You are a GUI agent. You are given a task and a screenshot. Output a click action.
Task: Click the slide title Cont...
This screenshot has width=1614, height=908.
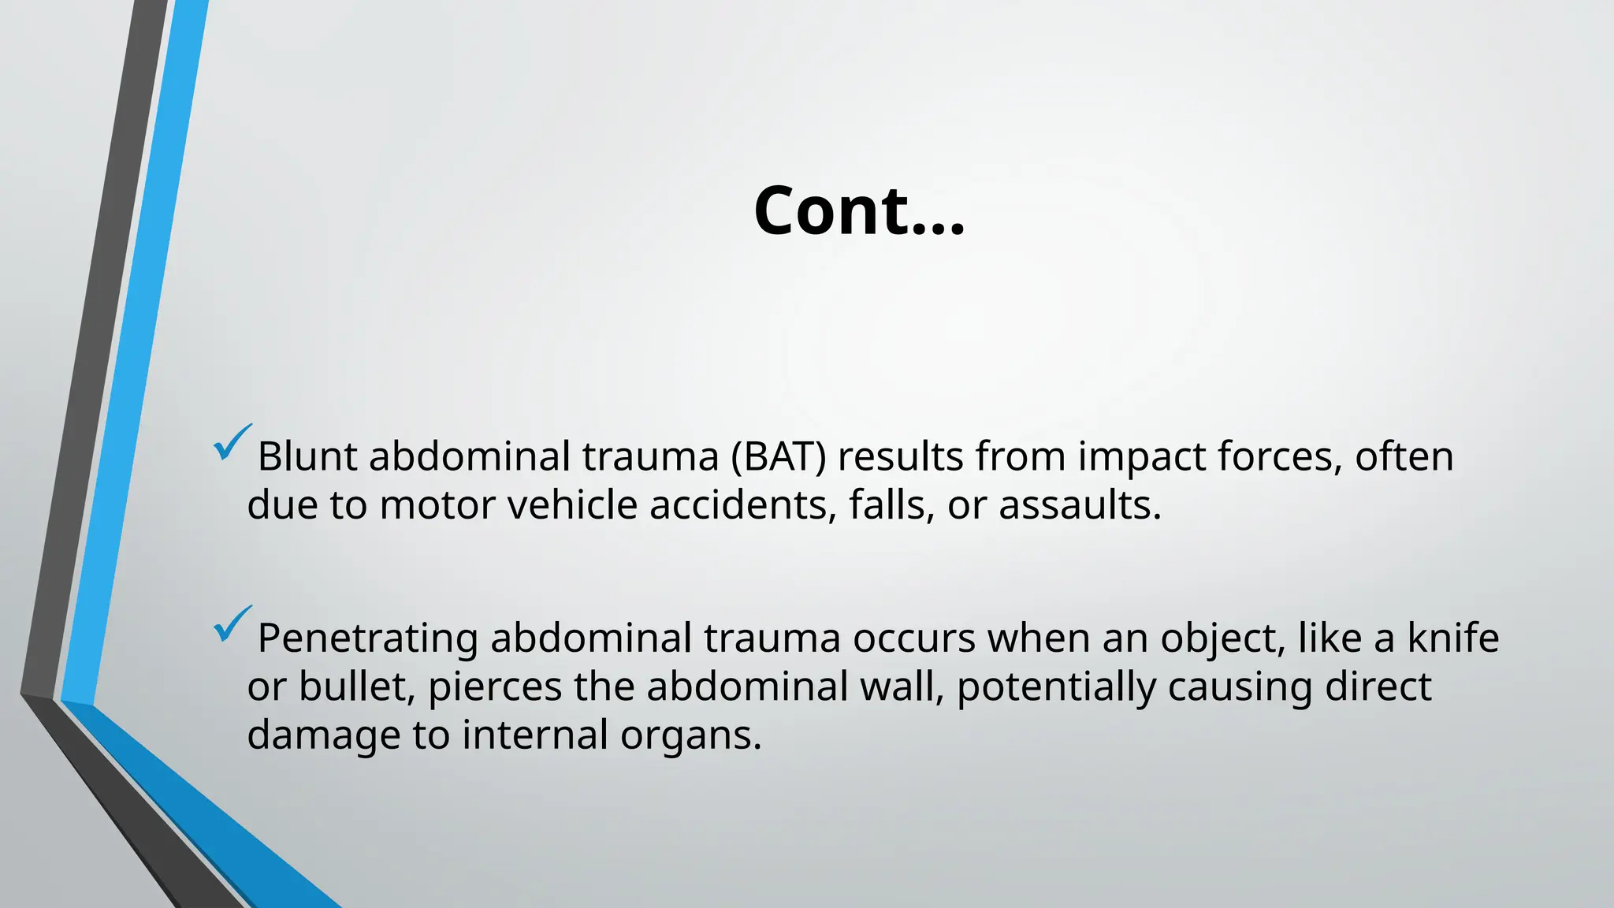coord(858,210)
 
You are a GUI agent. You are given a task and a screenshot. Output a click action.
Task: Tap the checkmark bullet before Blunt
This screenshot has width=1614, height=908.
coord(232,443)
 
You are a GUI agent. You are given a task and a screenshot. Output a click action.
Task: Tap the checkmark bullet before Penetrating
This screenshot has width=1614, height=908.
coord(232,624)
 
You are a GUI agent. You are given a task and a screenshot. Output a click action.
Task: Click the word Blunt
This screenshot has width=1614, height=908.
coord(307,456)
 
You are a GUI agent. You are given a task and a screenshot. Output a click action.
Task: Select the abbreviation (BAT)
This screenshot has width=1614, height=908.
coord(779,456)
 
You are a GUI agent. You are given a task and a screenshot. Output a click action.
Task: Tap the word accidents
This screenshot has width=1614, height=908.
coord(742,505)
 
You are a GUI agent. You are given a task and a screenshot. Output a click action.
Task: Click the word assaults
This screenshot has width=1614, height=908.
coord(1080,505)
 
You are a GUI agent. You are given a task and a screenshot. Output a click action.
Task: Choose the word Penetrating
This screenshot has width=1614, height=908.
coord(367,638)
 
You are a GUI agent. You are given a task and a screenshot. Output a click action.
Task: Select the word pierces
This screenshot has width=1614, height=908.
coord(494,687)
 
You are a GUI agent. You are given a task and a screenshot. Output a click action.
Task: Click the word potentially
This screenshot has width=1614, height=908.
coord(1056,687)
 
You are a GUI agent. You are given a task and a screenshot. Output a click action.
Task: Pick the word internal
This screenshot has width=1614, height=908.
coord(534,735)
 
